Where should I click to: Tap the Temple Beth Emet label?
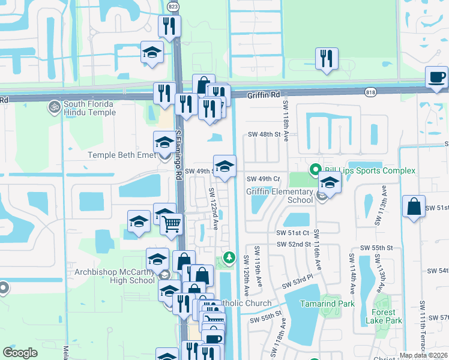pyautogui.click(x=122, y=155)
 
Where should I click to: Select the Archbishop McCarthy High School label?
pyautogui.click(x=114, y=276)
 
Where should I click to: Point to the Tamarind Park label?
pyautogui.click(x=327, y=304)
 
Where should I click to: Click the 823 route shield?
pyautogui.click(x=173, y=7)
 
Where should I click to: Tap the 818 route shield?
pyautogui.click(x=370, y=91)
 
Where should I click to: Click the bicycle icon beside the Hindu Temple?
pyautogui.click(x=54, y=106)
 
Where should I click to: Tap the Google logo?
pyautogui.click(x=20, y=353)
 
